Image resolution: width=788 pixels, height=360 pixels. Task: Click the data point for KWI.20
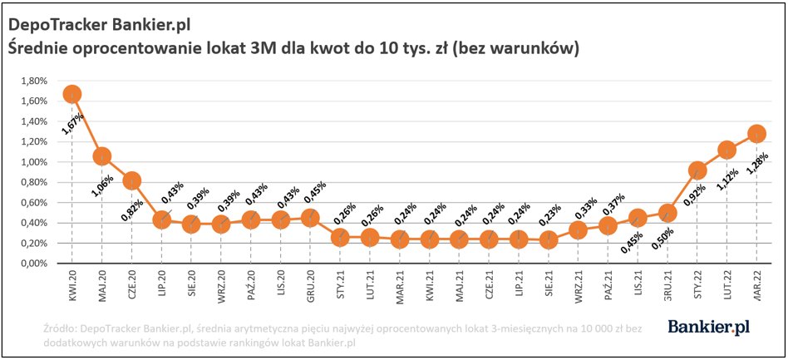click(x=72, y=94)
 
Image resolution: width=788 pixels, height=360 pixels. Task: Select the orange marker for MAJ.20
click(x=102, y=156)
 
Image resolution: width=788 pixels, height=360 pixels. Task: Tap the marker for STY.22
click(x=697, y=170)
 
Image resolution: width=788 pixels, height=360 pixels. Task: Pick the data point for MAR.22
click(x=756, y=133)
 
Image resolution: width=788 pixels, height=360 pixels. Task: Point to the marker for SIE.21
click(x=549, y=239)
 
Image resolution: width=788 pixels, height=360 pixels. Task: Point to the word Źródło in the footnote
click(x=62, y=330)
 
